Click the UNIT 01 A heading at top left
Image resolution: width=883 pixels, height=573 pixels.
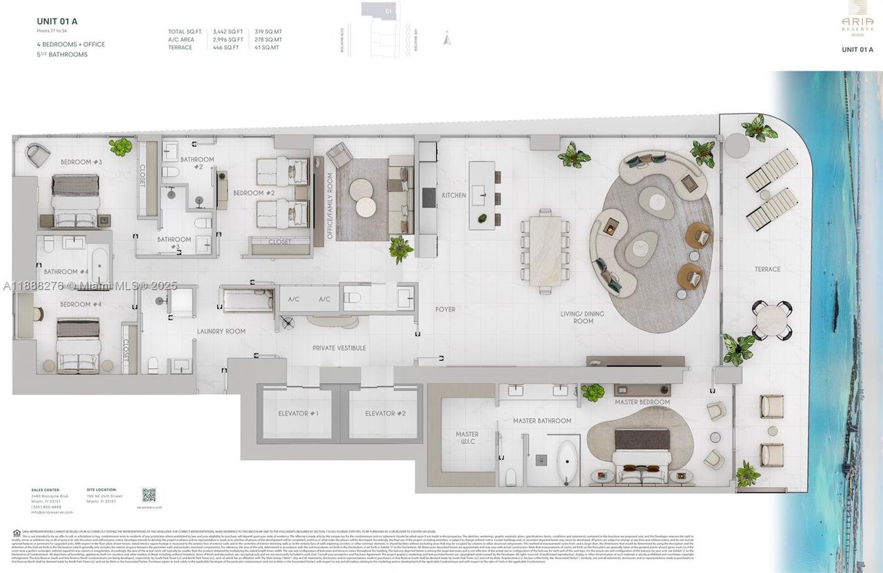click(57, 21)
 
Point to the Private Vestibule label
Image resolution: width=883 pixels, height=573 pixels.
click(339, 348)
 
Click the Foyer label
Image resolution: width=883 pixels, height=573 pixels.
click(445, 310)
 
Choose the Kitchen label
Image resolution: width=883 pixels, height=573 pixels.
click(454, 195)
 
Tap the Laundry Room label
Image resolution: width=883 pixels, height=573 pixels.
click(221, 332)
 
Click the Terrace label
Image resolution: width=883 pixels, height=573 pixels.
click(767, 270)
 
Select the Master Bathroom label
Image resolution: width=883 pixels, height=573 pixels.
click(542, 421)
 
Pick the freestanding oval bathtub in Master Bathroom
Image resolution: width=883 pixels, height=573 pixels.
click(567, 461)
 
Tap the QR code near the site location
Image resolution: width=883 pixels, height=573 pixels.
click(149, 494)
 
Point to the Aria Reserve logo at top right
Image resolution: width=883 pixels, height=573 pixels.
click(857, 23)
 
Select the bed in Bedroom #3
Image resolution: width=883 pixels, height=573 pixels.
click(76, 200)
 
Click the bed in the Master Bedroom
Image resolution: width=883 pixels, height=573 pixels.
click(642, 455)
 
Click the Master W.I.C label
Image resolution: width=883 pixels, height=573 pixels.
click(466, 439)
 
